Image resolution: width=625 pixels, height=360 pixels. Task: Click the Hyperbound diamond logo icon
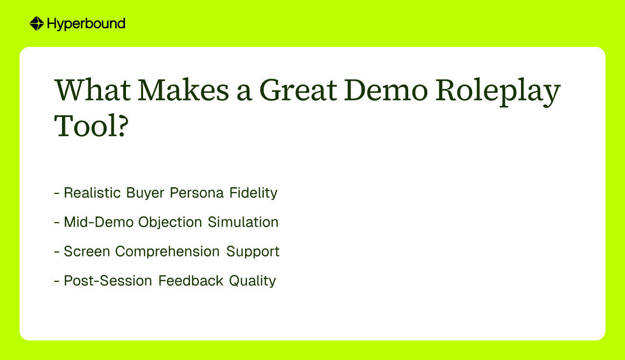coord(37,23)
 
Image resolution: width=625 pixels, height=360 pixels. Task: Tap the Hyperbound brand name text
coord(86,24)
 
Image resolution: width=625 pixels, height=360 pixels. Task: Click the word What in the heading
coord(92,90)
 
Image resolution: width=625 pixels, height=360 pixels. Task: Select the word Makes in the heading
coord(183,89)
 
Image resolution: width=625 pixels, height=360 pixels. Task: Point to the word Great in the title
coord(298,90)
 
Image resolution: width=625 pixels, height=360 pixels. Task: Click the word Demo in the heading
coord(386,90)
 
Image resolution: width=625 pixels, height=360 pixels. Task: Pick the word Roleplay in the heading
coord(498,92)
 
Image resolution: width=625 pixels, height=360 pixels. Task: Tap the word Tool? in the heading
coord(91,126)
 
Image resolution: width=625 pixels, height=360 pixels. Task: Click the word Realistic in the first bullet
coord(92,192)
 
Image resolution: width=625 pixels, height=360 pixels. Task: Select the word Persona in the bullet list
coord(197,192)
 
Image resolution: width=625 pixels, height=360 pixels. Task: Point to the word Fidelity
coord(253,193)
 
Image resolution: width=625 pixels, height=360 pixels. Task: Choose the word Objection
coord(170,223)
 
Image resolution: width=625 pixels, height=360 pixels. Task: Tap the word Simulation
coord(243,222)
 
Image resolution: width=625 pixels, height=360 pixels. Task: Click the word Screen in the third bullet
coord(87,251)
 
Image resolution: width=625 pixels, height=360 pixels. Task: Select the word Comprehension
coord(167,252)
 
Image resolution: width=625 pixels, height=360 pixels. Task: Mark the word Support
coord(253,252)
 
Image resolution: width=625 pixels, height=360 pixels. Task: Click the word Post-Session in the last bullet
coord(108,280)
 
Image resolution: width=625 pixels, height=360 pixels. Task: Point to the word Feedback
coord(191,280)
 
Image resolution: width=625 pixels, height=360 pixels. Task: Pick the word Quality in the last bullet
coord(252,281)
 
